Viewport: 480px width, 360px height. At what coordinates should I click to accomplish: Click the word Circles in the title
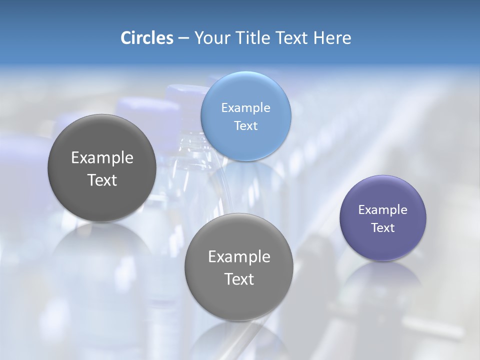[x=146, y=38]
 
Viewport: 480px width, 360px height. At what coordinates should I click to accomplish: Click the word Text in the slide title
[x=292, y=38]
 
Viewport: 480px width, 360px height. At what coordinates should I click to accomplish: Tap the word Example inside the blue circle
[x=245, y=108]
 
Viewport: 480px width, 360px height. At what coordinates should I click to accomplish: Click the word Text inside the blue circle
[x=245, y=126]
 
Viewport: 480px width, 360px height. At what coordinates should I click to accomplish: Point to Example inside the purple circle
[x=383, y=210]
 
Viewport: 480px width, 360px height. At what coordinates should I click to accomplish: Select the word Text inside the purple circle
[x=383, y=228]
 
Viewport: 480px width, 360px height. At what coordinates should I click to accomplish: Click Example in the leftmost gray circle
[x=102, y=158]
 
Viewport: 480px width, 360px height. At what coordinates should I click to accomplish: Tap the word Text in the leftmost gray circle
[x=102, y=180]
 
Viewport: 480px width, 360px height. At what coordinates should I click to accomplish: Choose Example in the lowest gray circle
[x=239, y=257]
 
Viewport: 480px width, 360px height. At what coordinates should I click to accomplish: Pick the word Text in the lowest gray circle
[x=239, y=279]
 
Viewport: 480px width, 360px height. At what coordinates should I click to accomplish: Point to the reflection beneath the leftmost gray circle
[x=102, y=250]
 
